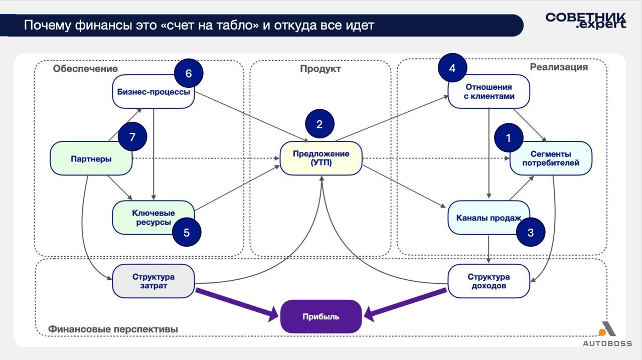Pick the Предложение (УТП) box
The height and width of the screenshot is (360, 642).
(x=321, y=158)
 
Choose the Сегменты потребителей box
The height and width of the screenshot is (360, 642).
(x=551, y=158)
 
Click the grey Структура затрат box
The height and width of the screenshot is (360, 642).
(x=153, y=281)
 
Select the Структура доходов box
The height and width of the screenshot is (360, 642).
(x=489, y=281)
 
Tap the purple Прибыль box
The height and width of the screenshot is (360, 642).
(x=321, y=316)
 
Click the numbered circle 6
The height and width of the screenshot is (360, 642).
(x=189, y=74)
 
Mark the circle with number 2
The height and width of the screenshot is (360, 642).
(x=319, y=124)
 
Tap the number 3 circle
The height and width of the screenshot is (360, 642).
(x=531, y=233)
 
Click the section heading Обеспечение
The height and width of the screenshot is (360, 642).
(x=85, y=69)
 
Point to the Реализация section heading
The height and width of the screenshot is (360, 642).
(x=559, y=67)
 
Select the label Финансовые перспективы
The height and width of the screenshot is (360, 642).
(x=113, y=329)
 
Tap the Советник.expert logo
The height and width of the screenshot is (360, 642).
(x=586, y=21)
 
